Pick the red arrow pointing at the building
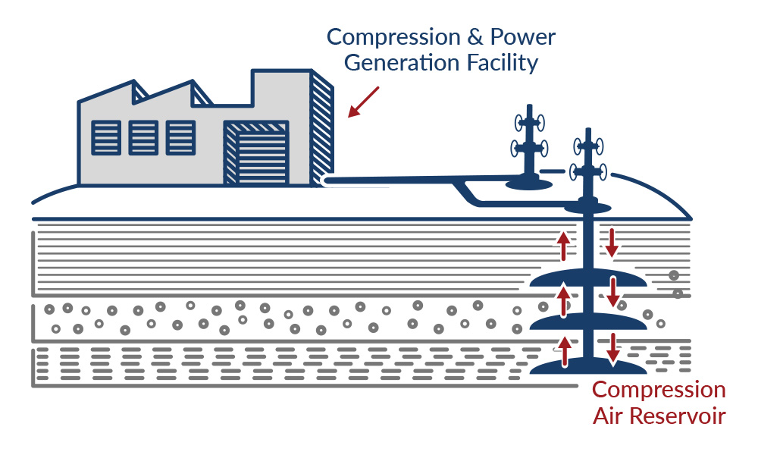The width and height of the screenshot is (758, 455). [x=363, y=102]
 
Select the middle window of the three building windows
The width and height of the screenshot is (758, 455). [x=143, y=137]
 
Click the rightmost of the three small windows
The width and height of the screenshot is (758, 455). [x=180, y=137]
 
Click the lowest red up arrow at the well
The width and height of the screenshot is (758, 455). [x=563, y=352]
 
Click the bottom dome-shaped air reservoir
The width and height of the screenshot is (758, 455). [x=588, y=368]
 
